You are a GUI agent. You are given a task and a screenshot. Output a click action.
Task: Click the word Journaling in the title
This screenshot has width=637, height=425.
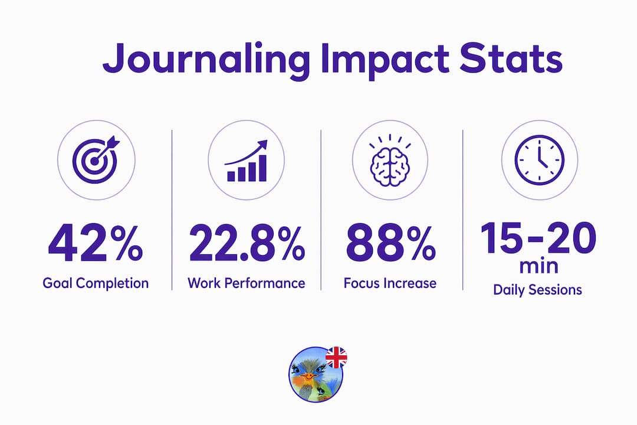pos(206,60)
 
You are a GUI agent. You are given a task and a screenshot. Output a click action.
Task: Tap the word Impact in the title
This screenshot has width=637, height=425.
pos(385,60)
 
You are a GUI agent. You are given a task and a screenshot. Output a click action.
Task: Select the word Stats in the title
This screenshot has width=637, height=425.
pos(511,58)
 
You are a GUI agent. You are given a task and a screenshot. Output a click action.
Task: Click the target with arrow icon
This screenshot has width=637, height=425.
pos(96,159)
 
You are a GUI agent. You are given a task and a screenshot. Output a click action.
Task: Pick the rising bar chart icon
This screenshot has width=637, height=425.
pos(246,161)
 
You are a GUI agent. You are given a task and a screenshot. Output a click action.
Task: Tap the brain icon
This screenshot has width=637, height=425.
pos(390,161)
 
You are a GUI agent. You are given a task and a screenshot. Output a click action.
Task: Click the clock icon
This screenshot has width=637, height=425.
pos(540,160)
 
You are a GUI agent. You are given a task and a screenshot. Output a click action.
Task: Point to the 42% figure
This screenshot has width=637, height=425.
pos(96,243)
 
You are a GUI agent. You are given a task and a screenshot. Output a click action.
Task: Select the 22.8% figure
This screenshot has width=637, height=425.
pos(247,243)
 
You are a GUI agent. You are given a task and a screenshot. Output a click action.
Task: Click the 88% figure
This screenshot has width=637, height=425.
pos(391,243)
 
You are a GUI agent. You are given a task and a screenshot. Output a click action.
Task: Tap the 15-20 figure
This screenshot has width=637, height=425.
pos(539,238)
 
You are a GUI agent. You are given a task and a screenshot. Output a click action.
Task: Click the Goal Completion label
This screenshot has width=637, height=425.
pos(96,283)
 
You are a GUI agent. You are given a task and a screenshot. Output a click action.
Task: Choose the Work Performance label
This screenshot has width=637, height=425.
pos(246,283)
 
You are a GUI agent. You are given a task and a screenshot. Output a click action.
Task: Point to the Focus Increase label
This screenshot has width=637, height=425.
pos(390,283)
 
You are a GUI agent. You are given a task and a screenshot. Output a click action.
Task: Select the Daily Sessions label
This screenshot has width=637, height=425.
pos(537,290)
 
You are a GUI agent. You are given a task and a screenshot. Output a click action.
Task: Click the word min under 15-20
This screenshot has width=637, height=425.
pos(539,267)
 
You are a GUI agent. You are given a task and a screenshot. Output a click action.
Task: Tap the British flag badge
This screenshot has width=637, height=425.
pos(336,358)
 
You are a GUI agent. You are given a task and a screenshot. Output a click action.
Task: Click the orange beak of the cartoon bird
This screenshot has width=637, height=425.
pos(308,376)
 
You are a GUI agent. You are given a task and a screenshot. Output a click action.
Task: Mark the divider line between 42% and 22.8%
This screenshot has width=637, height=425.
pos(172,210)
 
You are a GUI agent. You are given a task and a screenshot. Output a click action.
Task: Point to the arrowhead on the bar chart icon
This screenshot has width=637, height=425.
pos(263,145)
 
